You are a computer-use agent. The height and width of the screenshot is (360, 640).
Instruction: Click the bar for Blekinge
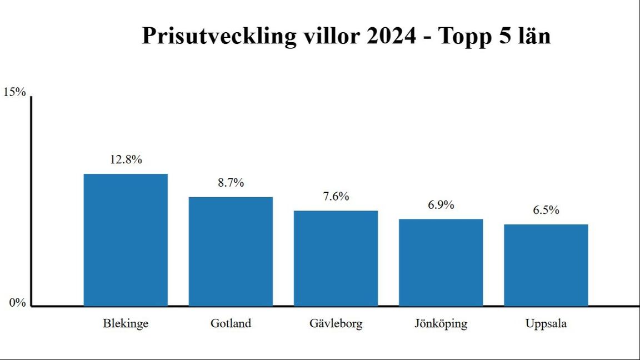pos(126,240)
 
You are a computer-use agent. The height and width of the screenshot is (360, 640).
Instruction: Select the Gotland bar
pos(231,251)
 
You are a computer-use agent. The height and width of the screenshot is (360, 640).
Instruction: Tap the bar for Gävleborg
pos(336,258)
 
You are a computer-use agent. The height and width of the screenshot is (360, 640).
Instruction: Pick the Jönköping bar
pos(441,262)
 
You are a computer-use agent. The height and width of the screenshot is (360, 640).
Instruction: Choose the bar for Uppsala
pos(546,265)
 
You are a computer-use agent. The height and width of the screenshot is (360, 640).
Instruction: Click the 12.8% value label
pos(126,159)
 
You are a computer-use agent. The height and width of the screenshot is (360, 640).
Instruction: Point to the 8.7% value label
pos(231,183)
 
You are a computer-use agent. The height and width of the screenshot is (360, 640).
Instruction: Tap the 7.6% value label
pos(336,196)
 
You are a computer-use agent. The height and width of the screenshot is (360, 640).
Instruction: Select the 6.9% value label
pos(441,205)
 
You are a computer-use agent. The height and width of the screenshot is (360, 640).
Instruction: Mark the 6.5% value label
pos(546,210)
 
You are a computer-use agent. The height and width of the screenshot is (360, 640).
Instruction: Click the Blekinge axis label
pos(126,323)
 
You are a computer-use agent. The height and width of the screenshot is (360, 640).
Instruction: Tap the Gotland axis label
pos(231,323)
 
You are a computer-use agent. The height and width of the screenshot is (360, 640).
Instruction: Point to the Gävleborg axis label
pos(336,323)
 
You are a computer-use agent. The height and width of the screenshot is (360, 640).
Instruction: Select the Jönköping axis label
pos(441,323)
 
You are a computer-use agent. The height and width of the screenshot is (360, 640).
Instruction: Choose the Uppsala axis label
pos(546,323)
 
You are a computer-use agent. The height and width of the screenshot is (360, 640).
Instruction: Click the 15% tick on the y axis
pos(15,92)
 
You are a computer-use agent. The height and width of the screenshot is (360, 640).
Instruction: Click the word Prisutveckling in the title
pos(219,37)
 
